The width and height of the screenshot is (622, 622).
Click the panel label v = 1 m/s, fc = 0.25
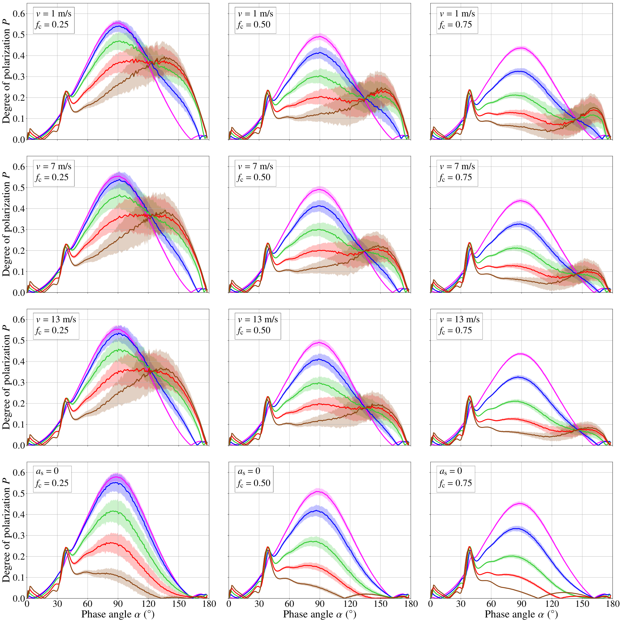(54, 20)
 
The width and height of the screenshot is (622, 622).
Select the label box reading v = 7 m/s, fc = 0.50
(255, 173)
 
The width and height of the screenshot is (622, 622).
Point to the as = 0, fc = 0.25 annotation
(52, 479)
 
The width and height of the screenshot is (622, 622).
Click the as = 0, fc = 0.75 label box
(456, 479)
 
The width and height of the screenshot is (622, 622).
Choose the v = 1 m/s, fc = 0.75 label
(457, 20)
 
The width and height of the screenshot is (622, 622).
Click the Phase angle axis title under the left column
(118, 614)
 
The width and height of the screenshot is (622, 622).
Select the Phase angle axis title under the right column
(521, 614)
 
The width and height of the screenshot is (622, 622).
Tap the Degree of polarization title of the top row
(6, 72)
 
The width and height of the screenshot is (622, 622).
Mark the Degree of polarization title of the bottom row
(6, 530)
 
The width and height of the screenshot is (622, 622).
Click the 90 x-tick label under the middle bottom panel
(320, 604)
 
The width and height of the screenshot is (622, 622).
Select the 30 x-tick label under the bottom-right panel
(461, 604)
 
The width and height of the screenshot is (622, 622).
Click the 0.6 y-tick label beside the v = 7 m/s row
(19, 166)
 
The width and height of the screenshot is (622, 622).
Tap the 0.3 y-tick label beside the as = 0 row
(19, 535)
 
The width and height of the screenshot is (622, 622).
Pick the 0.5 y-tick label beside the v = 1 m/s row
(19, 34)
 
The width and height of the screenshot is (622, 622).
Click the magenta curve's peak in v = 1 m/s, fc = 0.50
(319, 37)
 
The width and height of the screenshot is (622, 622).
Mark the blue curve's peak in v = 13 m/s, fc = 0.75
(519, 377)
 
